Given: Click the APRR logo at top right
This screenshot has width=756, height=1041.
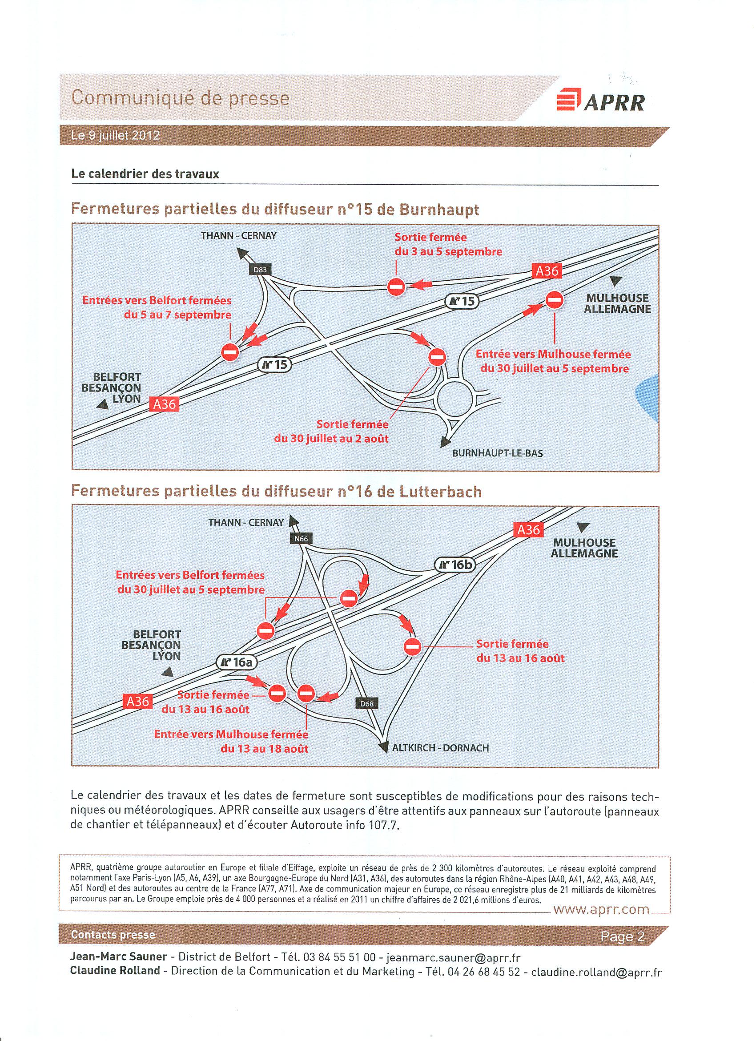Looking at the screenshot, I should pos(600,102).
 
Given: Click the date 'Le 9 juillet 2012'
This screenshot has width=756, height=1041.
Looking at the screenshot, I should pos(115,136).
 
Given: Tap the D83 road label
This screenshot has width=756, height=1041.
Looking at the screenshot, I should pos(260,270).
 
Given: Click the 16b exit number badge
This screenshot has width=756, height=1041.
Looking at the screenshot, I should pos(455,565).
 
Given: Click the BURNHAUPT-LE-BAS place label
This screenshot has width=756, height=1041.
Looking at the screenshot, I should pos(497,453).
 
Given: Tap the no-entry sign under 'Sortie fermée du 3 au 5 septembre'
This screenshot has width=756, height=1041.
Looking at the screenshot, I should pos(395,287).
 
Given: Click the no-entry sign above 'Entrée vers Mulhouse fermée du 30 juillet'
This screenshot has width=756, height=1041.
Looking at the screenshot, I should pos(555,300).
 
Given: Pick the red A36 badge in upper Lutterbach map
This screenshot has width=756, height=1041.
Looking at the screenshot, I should pos(528,530).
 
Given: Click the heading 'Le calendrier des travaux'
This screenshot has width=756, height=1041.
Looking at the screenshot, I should pos(145,174).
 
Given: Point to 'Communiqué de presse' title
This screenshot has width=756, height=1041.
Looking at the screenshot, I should pos(181,98).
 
